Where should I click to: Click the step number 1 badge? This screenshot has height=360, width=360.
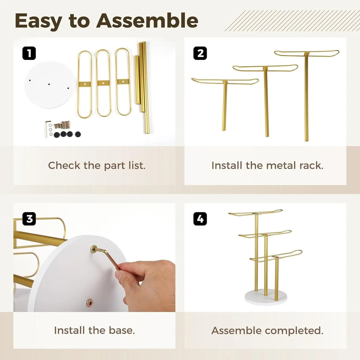click(x=29, y=53)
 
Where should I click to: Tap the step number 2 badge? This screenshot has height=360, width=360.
click(x=200, y=53)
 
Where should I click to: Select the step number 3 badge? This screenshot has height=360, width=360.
click(x=29, y=219)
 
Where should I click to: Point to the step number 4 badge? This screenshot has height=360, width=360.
click(x=200, y=219)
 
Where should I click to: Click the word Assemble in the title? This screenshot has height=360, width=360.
click(x=147, y=21)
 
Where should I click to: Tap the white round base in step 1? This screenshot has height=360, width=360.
click(x=49, y=85)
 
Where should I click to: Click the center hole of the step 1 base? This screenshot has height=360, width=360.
click(x=49, y=84)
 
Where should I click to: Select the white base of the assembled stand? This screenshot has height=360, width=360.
click(x=266, y=298)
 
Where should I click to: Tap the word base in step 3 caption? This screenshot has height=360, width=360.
click(x=121, y=330)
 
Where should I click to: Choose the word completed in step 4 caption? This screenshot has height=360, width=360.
click(x=294, y=331)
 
